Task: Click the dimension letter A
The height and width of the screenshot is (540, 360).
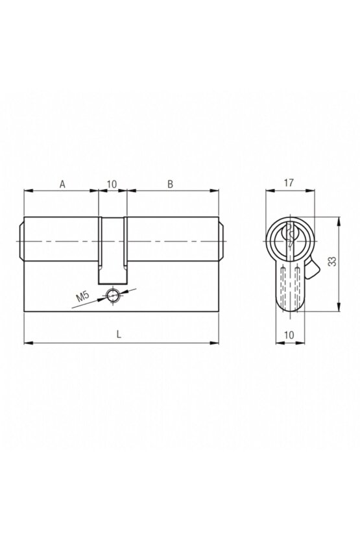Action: click(62, 184)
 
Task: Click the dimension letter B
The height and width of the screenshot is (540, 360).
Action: click(171, 184)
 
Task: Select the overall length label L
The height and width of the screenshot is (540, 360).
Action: click(118, 335)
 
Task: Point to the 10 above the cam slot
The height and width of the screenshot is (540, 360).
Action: click(112, 184)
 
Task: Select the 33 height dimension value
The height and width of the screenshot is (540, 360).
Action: click(331, 262)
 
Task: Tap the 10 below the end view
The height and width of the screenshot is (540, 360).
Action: click(289, 335)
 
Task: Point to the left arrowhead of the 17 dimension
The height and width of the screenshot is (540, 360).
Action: click(270, 191)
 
